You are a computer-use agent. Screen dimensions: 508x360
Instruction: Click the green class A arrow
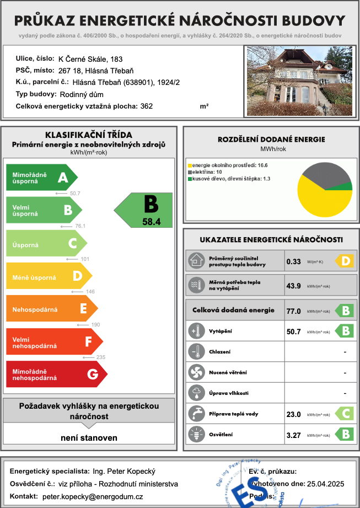pyautogui.click(x=41, y=177)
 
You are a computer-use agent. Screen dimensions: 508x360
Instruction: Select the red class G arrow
pyautogui.click(x=52, y=374)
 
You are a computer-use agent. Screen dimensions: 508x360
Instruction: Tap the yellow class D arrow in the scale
pyautogui.click(x=49, y=275)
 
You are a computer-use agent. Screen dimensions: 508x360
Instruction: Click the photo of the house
pyautogui.click(x=298, y=82)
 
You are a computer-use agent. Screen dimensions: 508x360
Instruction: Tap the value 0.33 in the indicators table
pyautogui.click(x=293, y=261)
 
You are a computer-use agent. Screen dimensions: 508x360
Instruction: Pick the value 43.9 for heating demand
pyautogui.click(x=293, y=286)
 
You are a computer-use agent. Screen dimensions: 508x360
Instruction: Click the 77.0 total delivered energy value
pyautogui.click(x=293, y=311)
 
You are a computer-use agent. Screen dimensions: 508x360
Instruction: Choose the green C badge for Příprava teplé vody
pyautogui.click(x=344, y=414)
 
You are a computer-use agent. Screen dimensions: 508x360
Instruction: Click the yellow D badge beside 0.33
pyautogui.click(x=344, y=261)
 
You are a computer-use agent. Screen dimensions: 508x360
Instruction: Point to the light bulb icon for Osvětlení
pyautogui.click(x=196, y=434)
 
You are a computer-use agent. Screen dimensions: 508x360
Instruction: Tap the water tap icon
pyautogui.click(x=196, y=413)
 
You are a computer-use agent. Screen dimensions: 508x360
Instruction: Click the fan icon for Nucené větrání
pyautogui.click(x=196, y=372)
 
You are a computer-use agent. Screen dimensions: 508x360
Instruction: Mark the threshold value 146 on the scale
pyautogui.click(x=91, y=291)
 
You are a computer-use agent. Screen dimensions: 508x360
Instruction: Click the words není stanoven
pyautogui.click(x=89, y=438)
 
